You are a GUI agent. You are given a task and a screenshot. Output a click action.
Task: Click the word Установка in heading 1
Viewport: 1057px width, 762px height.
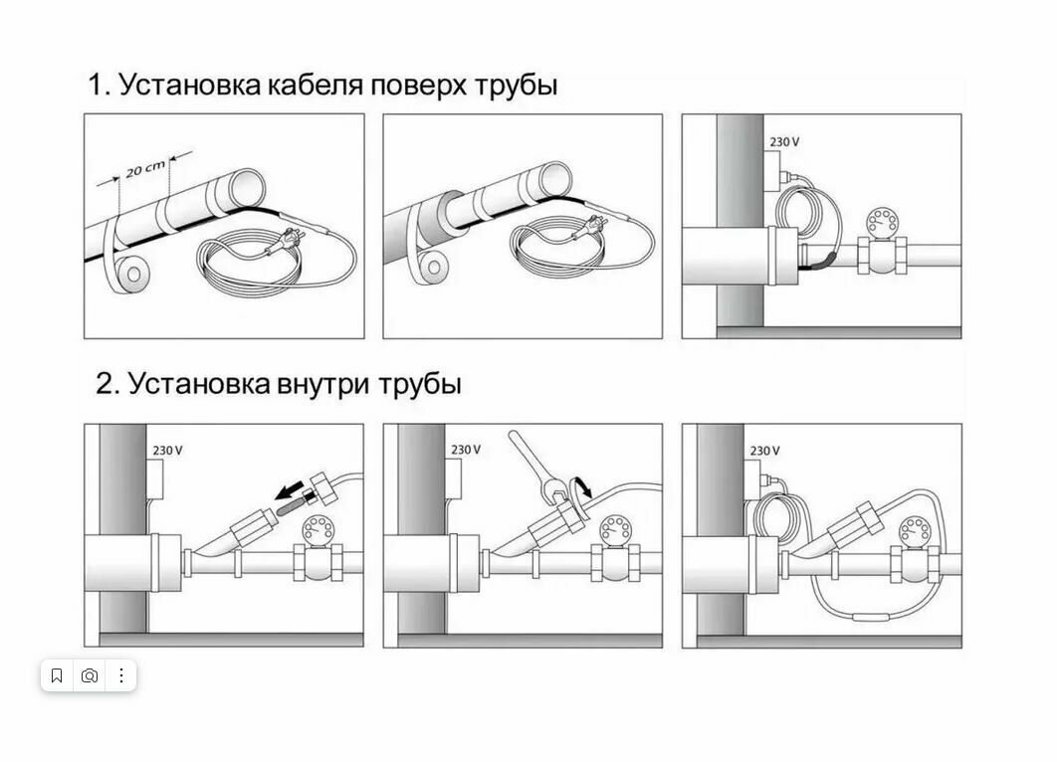189,86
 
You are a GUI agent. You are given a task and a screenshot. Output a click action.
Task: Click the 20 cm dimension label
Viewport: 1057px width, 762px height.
145,168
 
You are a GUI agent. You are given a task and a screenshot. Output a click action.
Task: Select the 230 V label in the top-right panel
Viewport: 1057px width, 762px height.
784,142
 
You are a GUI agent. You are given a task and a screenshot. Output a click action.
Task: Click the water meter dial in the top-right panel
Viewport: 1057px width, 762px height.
879,221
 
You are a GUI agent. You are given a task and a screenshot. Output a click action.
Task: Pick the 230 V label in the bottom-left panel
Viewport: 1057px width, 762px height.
167,450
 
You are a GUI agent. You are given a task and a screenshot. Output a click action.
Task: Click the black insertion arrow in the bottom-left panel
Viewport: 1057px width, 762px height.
292,488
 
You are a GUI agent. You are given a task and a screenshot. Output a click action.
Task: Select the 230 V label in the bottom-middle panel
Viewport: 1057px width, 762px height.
466,450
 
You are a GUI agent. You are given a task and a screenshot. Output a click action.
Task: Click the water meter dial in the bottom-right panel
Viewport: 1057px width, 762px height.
915,529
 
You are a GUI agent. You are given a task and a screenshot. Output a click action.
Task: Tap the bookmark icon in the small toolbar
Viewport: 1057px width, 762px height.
57,675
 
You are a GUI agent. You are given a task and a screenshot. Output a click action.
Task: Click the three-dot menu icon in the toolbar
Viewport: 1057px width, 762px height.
121,675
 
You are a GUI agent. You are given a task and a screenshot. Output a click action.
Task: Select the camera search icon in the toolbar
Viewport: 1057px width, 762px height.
90,675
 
